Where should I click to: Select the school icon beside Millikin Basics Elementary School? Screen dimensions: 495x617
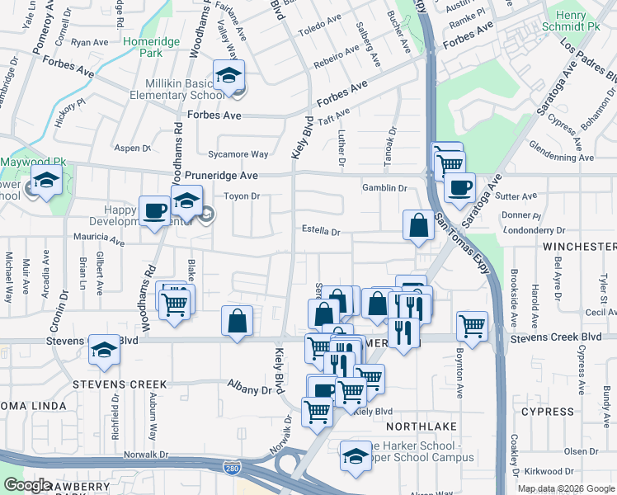tap(227, 75)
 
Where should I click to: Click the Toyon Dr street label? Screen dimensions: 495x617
tap(243, 196)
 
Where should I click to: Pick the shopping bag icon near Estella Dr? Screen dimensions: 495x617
tap(418, 224)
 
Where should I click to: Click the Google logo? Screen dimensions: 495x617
tap(27, 485)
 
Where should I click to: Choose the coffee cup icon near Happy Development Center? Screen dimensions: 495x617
tap(153, 211)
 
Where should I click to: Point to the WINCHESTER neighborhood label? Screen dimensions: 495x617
tap(578, 247)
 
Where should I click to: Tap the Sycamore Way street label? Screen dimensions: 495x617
tap(238, 154)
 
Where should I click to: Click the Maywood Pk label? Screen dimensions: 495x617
tap(32, 162)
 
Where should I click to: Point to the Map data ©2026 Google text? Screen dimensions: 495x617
tap(565, 488)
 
